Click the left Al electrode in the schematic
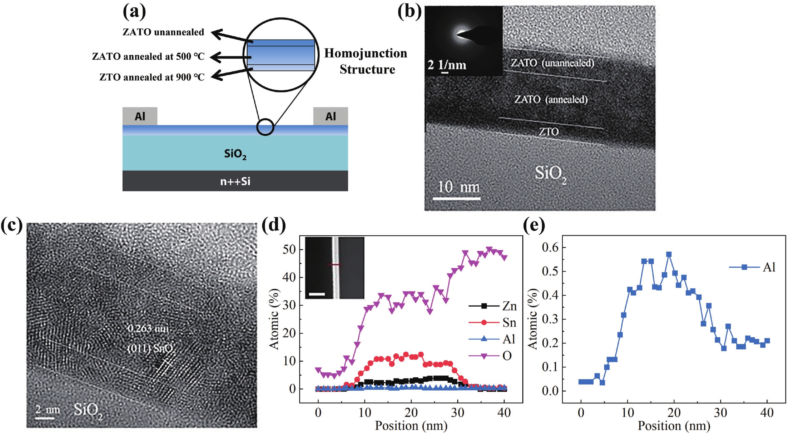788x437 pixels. pos(140,116)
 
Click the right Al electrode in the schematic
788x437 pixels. pos(330,116)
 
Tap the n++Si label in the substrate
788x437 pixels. pos(235,181)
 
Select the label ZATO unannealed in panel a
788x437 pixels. pos(163,32)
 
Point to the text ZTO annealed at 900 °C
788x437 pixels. pos(152,77)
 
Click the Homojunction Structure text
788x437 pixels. pos(366,61)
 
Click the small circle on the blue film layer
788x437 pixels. pos(265,127)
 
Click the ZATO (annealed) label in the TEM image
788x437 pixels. pos(551,99)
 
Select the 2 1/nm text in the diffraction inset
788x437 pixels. pos(447,65)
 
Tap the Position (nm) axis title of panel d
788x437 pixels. pos(411,425)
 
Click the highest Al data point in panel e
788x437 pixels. pos(669,254)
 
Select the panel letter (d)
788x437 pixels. pos(274,225)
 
